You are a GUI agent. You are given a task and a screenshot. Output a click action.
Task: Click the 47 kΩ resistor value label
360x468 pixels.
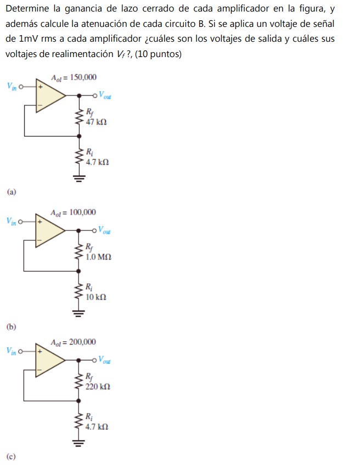pyautogui.click(x=96, y=122)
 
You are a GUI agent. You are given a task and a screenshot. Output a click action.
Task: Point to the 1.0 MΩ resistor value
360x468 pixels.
pyautogui.click(x=99, y=256)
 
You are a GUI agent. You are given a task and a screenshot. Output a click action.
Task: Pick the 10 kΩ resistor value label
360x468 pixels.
pyautogui.click(x=96, y=297)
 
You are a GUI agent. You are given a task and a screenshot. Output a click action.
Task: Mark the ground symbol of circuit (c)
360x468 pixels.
pyautogui.click(x=80, y=442)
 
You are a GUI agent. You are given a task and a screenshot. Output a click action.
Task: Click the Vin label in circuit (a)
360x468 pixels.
pyautogui.click(x=12, y=86)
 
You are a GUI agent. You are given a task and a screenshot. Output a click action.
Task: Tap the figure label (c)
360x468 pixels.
pyautogui.click(x=12, y=456)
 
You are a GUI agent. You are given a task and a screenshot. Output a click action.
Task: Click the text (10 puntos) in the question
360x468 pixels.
pyautogui.click(x=159, y=54)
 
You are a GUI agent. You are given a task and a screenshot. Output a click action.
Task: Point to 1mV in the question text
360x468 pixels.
pyautogui.click(x=28, y=40)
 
